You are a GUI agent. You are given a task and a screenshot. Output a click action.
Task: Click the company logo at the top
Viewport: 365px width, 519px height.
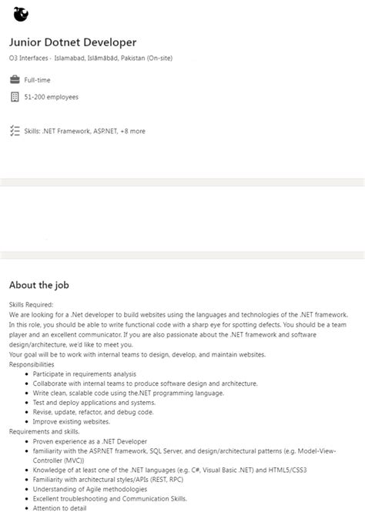21,14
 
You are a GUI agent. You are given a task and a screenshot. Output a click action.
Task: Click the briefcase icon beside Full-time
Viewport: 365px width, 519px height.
15,80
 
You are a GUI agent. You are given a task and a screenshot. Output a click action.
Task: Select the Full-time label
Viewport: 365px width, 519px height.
39,80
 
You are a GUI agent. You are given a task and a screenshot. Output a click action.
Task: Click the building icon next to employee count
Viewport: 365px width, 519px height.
15,97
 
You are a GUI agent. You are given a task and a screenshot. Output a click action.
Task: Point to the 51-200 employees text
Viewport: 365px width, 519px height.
51,97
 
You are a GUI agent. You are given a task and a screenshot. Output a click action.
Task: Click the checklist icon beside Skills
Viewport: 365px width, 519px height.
15,131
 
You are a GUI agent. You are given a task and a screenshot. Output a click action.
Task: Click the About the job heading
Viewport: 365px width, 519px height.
39,285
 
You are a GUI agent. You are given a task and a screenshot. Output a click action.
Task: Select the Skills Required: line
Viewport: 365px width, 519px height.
31,305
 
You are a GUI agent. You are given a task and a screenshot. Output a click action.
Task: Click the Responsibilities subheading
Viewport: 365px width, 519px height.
32,364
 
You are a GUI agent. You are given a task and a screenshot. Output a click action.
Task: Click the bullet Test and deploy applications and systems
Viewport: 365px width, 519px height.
94,403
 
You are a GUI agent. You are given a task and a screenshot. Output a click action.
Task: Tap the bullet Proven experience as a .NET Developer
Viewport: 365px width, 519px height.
89,441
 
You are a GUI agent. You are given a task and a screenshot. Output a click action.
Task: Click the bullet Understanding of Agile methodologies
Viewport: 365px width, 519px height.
89,489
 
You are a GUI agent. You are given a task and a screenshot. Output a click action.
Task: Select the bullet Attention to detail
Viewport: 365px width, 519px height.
59,508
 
